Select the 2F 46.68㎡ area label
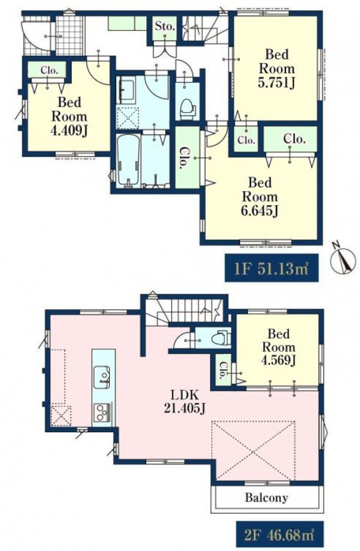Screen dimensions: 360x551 (x=278, y=536)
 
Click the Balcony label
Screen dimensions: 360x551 (x=266, y=498)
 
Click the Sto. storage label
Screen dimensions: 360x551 (x=165, y=26)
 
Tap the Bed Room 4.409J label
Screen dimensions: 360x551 (x=69, y=117)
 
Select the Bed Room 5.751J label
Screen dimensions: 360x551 (x=277, y=69)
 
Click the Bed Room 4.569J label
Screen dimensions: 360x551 (x=278, y=347)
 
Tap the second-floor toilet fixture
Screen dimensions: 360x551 (x=221, y=337)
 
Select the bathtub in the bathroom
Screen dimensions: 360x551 (x=128, y=160)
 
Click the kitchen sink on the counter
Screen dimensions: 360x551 (x=102, y=377)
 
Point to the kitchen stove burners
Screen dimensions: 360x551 (x=103, y=412)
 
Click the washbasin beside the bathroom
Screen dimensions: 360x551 (x=127, y=91)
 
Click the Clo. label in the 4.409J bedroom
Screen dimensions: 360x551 (x=49, y=70)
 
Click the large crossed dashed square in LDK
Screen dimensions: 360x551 (x=253, y=450)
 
